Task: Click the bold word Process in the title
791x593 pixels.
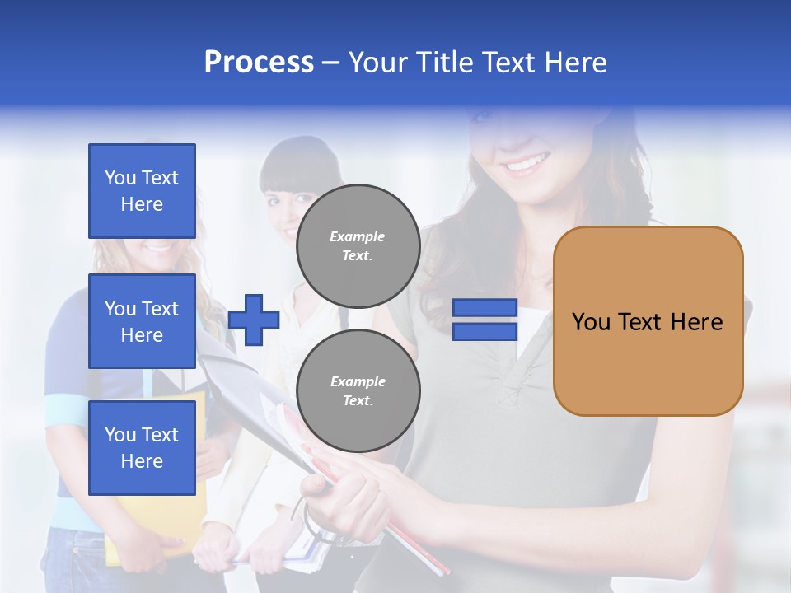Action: pos(259,62)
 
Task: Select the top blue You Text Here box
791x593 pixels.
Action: pos(142,191)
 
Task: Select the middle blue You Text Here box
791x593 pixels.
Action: pos(142,321)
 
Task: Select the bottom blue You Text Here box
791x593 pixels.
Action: pos(142,447)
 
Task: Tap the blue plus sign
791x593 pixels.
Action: pos(254,320)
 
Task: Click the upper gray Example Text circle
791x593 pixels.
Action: pos(358,246)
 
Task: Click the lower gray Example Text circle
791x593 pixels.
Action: pos(358,390)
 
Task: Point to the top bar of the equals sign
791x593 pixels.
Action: pos(484,308)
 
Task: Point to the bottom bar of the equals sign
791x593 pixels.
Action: pos(484,332)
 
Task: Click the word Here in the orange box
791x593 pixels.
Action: pos(696,322)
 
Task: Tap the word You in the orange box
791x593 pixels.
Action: pos(592,322)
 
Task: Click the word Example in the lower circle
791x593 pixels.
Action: pos(358,381)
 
